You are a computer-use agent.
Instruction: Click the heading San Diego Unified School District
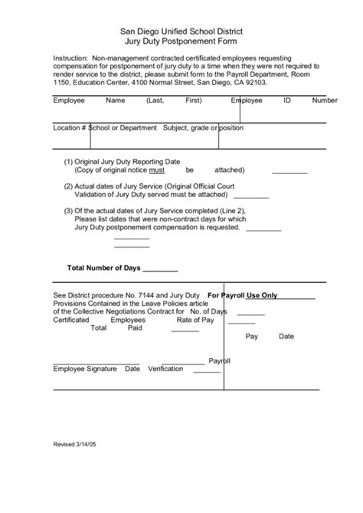coord(181,30)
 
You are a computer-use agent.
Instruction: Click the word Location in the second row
coord(67,127)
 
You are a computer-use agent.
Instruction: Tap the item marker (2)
coord(68,186)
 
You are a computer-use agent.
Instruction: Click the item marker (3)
coord(68,210)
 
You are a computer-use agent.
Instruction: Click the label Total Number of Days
coord(104,268)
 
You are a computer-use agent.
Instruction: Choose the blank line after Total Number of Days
coord(160,271)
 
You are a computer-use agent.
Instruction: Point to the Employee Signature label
coord(85,369)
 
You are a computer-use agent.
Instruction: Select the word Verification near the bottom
coord(165,369)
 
